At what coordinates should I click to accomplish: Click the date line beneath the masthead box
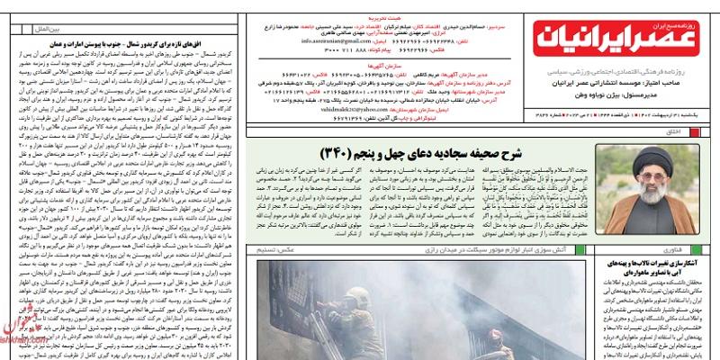[622, 112]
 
